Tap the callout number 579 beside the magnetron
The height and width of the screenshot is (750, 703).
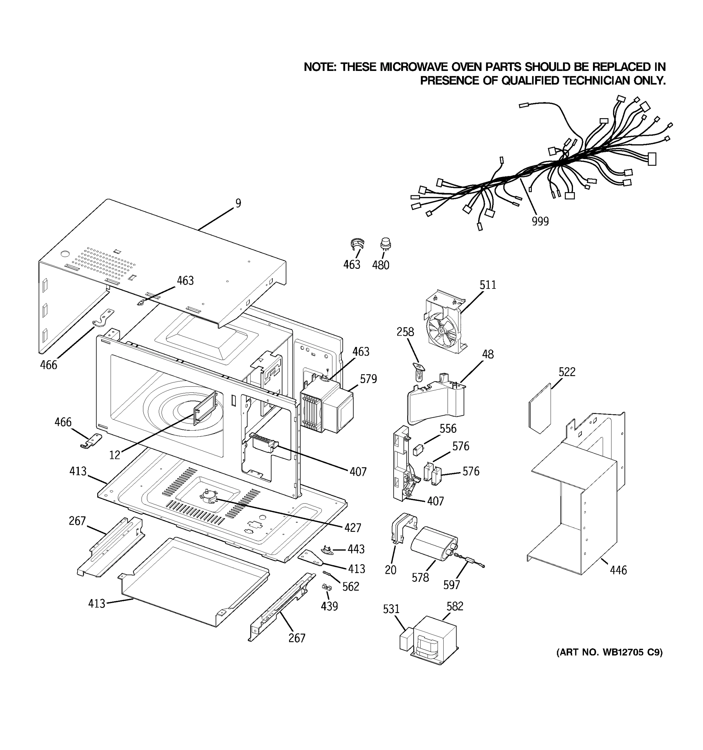point(368,379)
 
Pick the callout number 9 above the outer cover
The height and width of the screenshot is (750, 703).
point(238,203)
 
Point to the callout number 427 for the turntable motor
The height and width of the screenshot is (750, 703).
point(353,528)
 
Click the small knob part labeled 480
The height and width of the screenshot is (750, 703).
point(386,244)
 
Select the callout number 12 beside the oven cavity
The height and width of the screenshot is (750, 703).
point(115,455)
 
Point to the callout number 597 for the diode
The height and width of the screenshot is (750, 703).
point(451,585)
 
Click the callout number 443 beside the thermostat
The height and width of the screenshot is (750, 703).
point(356,549)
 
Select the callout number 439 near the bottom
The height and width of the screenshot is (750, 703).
point(329,606)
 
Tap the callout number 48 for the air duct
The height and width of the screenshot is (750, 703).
point(488,354)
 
